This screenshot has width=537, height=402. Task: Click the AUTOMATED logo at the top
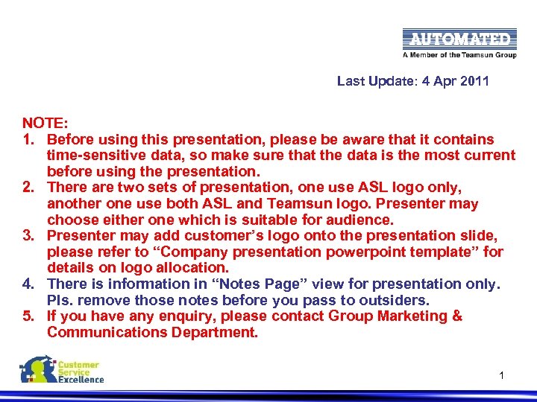click(459, 39)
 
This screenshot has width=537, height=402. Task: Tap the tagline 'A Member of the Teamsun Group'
click(459, 55)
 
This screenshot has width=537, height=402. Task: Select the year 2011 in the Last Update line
click(474, 81)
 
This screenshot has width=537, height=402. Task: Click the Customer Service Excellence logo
click(62, 370)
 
